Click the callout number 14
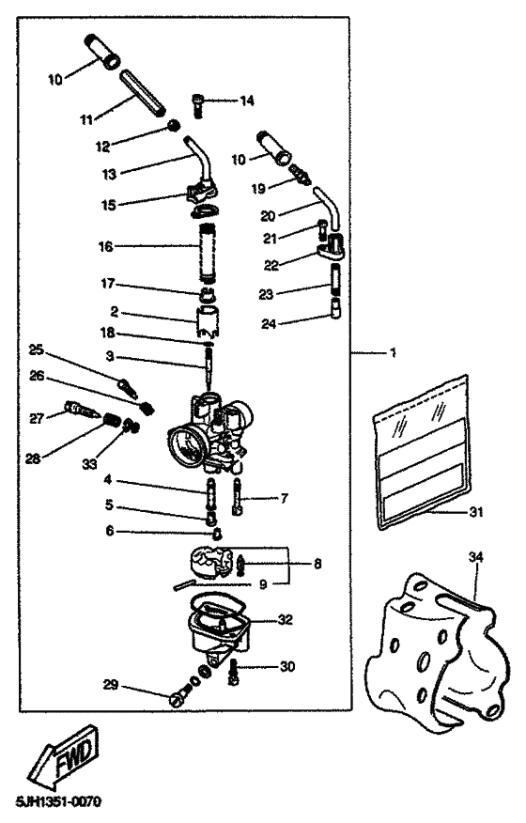[x=247, y=100]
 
